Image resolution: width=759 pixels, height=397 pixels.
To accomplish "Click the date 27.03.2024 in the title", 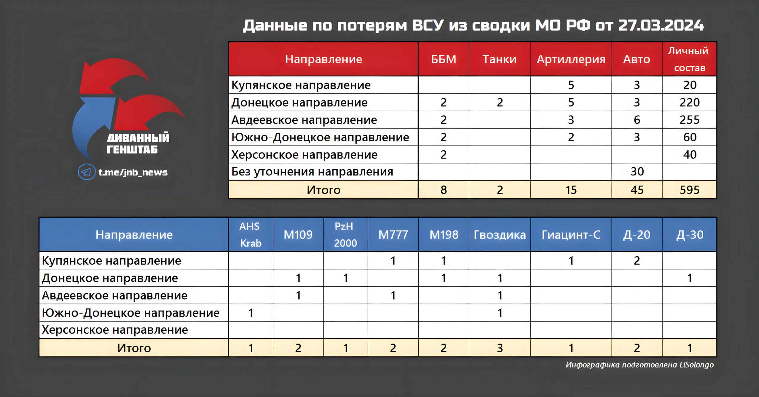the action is click(661, 26).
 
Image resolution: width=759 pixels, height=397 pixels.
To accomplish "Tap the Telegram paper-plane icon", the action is click(87, 172).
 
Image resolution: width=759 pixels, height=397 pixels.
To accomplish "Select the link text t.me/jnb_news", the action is click(133, 172).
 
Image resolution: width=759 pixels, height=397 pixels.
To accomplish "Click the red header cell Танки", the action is click(500, 59).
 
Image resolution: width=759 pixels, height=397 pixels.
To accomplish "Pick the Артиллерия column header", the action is click(571, 59).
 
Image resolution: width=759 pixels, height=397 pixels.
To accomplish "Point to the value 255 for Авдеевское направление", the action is click(690, 120).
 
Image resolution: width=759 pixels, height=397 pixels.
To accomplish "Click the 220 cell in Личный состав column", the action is click(690, 102).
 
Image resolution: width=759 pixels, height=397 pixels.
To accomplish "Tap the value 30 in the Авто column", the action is click(637, 171).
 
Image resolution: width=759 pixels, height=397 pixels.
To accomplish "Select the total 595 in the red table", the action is click(690, 190).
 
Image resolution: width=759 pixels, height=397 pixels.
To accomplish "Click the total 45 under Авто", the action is click(637, 190).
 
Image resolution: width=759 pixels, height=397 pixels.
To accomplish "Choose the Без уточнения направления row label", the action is click(312, 172).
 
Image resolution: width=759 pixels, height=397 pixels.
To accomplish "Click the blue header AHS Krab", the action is click(251, 235).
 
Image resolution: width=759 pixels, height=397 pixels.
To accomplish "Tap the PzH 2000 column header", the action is click(345, 235).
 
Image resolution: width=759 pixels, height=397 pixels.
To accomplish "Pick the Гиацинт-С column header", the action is click(571, 235).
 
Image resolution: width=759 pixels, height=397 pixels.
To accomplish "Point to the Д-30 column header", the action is click(690, 235).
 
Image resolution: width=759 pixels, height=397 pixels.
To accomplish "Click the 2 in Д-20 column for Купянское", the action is click(637, 261).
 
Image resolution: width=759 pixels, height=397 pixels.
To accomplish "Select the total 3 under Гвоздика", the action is click(500, 348).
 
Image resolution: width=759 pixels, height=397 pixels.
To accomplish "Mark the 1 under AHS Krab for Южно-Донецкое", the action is click(251, 313).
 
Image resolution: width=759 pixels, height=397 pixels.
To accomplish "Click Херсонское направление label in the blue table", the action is click(115, 330).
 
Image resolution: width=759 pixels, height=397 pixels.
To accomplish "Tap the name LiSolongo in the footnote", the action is click(696, 365).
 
